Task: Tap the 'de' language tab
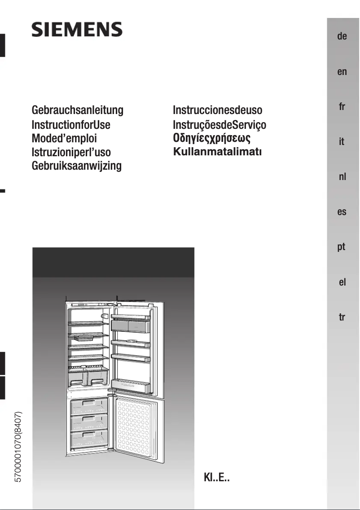(342, 36)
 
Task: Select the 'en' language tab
(342, 71)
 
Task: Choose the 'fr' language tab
(342, 107)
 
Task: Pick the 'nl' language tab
(342, 177)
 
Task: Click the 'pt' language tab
(342, 247)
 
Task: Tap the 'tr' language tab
(342, 317)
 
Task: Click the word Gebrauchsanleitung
(77, 110)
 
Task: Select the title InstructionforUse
(71, 124)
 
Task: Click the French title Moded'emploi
(64, 138)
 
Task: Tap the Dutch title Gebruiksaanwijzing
(77, 166)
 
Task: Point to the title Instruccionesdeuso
(217, 110)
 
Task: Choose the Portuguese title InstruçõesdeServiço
(220, 125)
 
